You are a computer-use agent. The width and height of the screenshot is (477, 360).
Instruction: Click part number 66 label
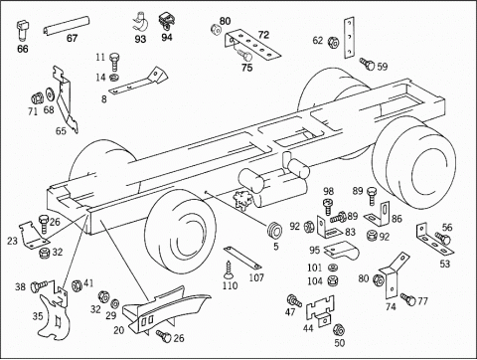coord(23,49)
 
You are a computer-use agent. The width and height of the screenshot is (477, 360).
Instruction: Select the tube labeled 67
coord(67,25)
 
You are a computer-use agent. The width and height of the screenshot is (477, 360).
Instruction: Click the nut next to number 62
coord(333,42)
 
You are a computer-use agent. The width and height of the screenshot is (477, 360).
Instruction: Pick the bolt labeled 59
coord(367,64)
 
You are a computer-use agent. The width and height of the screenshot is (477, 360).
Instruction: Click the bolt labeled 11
coord(114,62)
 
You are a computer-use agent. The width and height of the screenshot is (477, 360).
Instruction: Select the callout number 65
coord(61,131)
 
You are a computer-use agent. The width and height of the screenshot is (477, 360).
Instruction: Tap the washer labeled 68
coord(51,93)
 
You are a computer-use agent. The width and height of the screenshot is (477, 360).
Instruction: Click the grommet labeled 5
coord(274,229)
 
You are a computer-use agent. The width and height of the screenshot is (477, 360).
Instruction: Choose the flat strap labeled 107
coord(242,258)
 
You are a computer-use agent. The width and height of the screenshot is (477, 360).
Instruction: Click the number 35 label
coord(38,316)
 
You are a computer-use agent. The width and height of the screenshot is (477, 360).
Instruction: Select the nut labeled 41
coord(77,285)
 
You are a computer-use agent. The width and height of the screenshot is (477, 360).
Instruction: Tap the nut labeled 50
coord(339,329)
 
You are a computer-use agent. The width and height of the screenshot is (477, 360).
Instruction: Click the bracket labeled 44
coord(320,311)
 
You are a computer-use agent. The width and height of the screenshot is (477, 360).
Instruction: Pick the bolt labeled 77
coord(408,299)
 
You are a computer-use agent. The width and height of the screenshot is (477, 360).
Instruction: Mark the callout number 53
coord(445,264)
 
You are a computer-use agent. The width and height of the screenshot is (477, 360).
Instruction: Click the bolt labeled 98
coord(328,206)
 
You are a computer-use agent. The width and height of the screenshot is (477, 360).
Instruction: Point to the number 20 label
coord(118,330)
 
